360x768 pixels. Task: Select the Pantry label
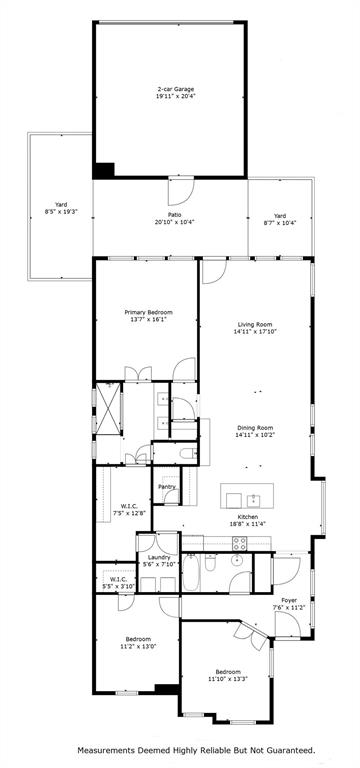click(166, 487)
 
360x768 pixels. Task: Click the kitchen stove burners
click(240, 544)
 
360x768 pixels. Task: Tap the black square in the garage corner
click(104, 171)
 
